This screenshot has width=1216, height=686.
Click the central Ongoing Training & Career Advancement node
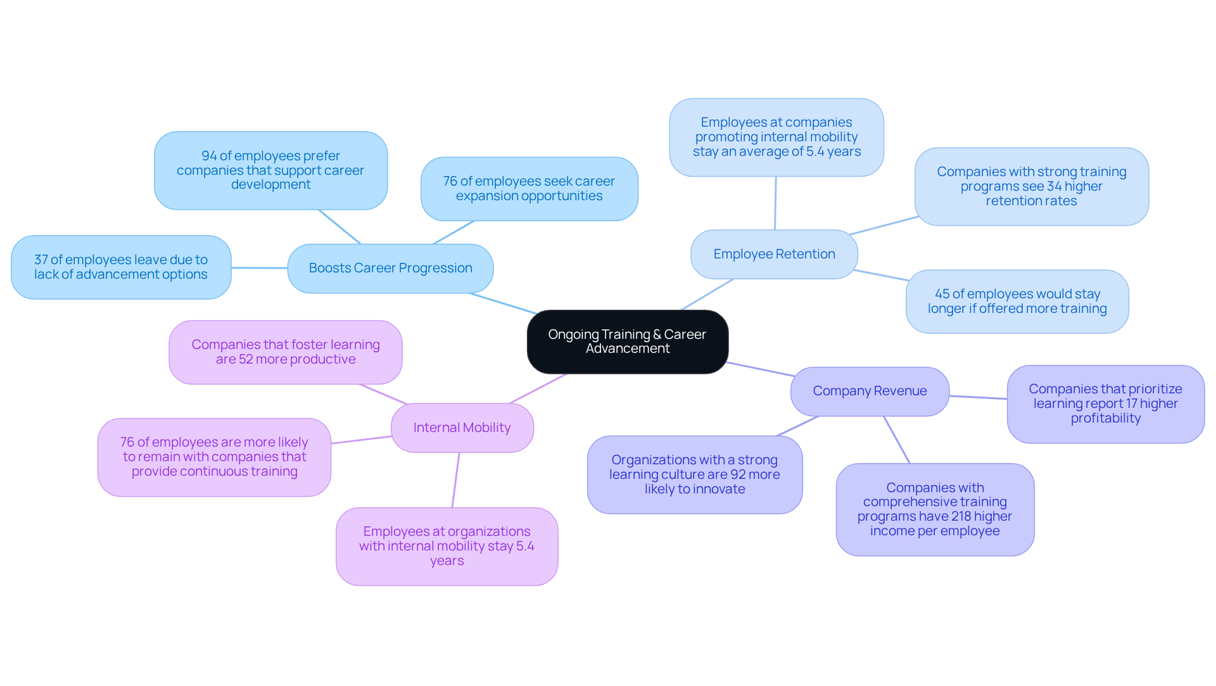point(627,341)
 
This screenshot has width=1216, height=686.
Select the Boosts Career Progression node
point(390,268)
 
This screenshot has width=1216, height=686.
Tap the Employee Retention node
point(774,254)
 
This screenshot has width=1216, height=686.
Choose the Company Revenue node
point(870,391)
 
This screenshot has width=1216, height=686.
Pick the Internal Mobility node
point(462,428)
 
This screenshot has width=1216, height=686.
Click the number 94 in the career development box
point(209,156)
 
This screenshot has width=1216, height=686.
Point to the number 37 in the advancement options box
point(41,260)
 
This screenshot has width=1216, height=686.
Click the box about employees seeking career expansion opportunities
point(529,189)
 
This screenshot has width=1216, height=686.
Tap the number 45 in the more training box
point(942,294)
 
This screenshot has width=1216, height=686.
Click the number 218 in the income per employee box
point(960,516)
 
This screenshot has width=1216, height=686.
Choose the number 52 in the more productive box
point(246,359)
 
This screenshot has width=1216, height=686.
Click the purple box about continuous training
point(214,457)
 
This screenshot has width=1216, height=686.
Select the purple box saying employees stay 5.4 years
point(446,546)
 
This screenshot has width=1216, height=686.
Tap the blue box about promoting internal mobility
point(776,137)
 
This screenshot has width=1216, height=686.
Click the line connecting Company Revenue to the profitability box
point(978,397)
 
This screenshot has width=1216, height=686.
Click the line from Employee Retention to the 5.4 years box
point(775,203)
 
